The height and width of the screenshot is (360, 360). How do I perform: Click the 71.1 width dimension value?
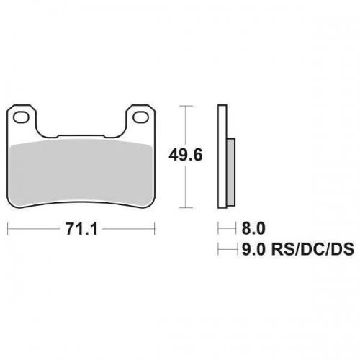click(82, 229)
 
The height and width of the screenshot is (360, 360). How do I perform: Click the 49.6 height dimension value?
click(186, 155)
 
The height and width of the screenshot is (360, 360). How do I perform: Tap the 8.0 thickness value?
click(253, 228)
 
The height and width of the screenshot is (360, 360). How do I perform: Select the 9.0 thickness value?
click(253, 249)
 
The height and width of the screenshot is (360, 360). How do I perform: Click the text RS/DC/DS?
click(312, 249)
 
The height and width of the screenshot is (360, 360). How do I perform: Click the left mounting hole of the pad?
click(22, 118)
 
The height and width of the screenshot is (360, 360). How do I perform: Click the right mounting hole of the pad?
click(141, 117)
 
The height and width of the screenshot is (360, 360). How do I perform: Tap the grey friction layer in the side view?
click(231, 172)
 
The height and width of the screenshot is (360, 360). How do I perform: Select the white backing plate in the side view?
click(222, 156)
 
